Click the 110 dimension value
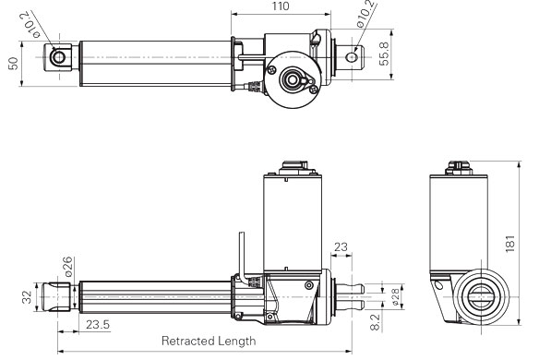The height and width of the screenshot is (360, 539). pyautogui.click(x=281, y=6)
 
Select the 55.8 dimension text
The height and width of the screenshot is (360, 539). pyautogui.click(x=384, y=54)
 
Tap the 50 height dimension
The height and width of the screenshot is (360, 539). pyautogui.click(x=13, y=64)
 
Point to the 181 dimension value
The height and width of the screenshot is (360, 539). pyautogui.click(x=510, y=244)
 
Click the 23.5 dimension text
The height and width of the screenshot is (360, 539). pyautogui.click(x=98, y=324)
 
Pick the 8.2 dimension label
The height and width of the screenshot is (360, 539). pyautogui.click(x=375, y=322)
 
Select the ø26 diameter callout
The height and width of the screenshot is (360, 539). pyautogui.click(x=68, y=267)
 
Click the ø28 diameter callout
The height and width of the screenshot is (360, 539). pyautogui.click(x=395, y=296)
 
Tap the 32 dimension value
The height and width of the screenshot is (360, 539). pyautogui.click(x=27, y=297)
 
